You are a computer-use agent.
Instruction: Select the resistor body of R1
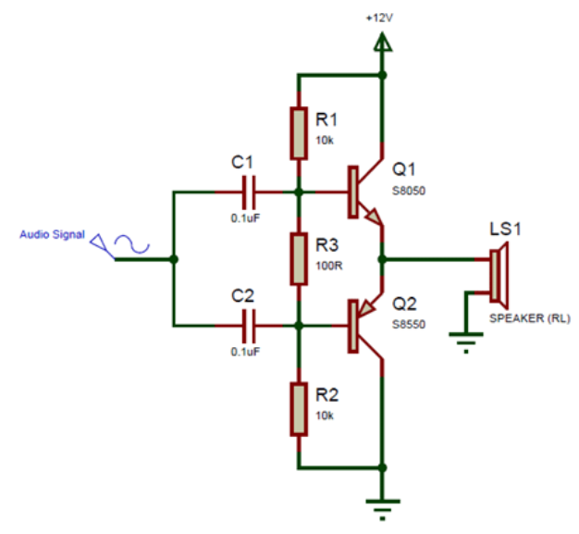tap(299, 133)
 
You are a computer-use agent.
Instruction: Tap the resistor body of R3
tap(299, 259)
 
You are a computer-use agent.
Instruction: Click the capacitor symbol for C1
tap(246, 192)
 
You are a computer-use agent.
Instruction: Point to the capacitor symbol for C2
tap(246, 325)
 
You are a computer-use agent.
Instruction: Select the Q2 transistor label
tap(404, 303)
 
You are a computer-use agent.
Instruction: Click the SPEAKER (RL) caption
tap(529, 318)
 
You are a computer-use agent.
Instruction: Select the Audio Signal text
tap(53, 234)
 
